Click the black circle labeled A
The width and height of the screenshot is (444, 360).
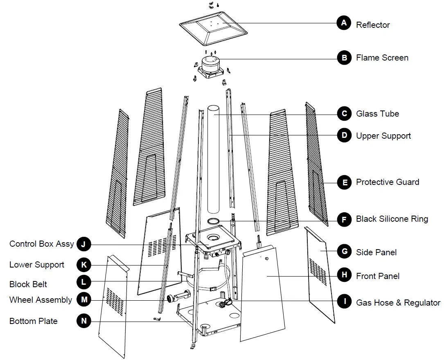click(344, 23)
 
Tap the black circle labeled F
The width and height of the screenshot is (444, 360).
click(344, 220)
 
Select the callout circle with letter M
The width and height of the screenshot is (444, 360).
click(84, 300)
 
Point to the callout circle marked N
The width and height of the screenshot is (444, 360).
click(84, 321)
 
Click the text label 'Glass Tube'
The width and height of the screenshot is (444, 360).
click(377, 114)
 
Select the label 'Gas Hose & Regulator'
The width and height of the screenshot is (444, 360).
click(398, 303)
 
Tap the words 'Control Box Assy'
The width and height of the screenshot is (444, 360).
click(42, 244)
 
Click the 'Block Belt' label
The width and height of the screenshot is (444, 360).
click(28, 284)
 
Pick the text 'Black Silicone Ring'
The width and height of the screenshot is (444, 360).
click(392, 219)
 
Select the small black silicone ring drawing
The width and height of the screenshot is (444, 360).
click(214, 221)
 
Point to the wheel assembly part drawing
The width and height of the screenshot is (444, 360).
click(178, 296)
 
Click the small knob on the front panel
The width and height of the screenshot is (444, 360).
click(267, 259)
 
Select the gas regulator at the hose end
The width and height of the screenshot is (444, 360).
click(225, 303)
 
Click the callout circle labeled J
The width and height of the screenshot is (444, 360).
click(84, 245)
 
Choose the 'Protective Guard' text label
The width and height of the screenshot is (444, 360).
click(387, 182)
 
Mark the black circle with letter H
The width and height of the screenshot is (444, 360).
click(344, 275)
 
